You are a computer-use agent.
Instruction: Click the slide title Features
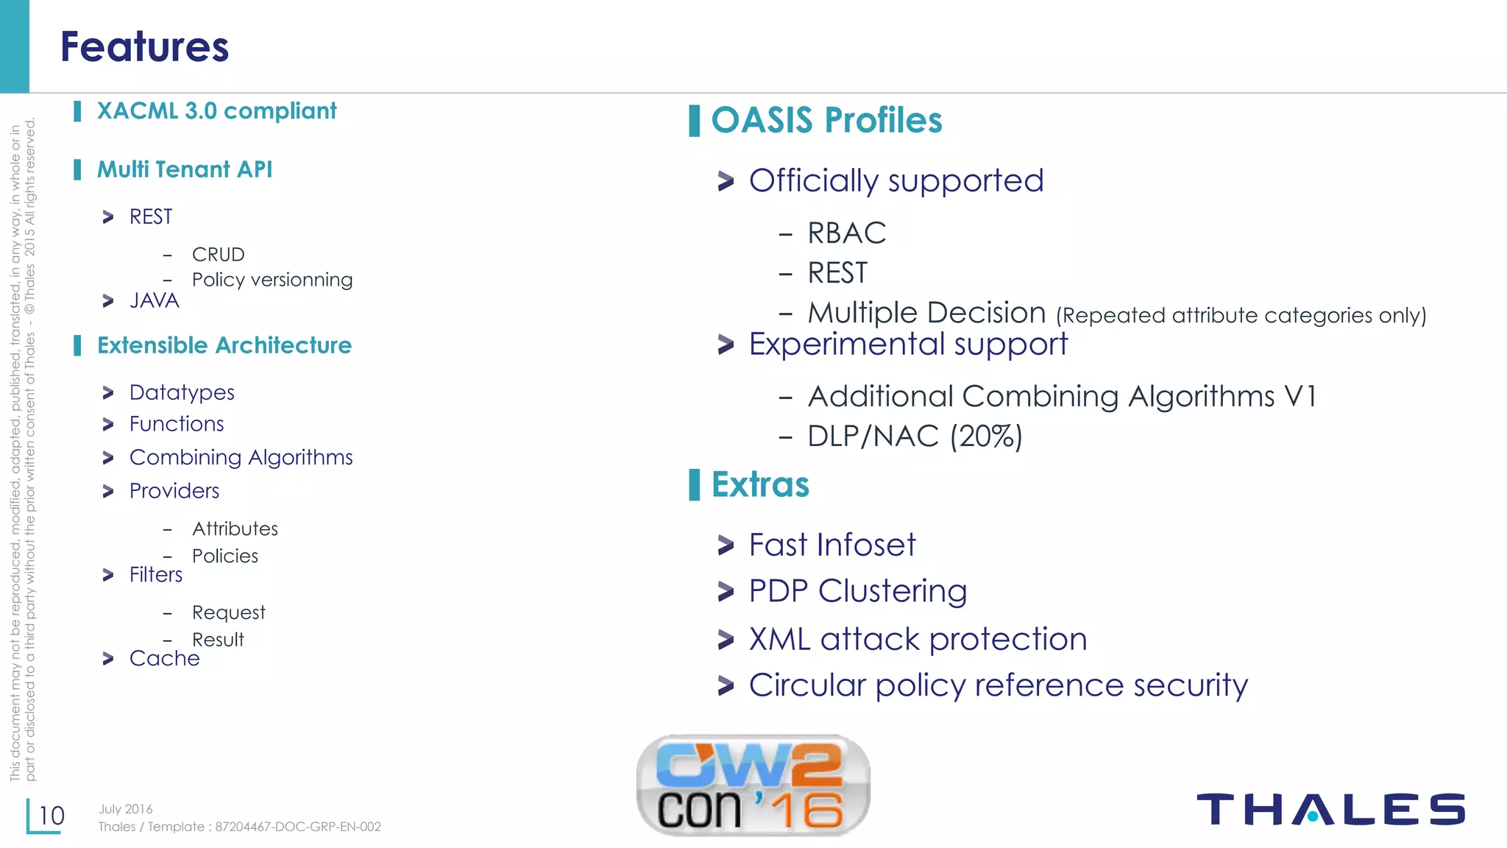[144, 47]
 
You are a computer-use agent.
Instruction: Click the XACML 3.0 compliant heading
[216, 111]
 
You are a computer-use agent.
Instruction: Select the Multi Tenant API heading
[185, 170]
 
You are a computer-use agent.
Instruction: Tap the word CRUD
[218, 255]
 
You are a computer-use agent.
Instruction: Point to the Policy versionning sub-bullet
[272, 280]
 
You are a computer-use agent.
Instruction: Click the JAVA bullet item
[154, 301]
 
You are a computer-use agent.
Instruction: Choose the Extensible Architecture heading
[224, 345]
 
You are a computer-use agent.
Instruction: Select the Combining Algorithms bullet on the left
[241, 458]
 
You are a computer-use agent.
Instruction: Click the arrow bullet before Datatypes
[108, 393]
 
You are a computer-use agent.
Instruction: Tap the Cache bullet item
[164, 658]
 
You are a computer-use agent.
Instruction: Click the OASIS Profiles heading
[826, 121]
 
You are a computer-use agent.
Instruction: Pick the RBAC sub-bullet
[846, 233]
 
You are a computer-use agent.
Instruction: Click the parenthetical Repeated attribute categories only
[1241, 316]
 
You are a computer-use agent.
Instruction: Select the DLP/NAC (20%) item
[915, 437]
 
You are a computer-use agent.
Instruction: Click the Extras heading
[760, 485]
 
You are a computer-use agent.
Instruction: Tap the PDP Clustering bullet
[857, 591]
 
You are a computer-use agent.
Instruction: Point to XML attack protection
[918, 639]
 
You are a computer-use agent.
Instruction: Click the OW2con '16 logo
[753, 785]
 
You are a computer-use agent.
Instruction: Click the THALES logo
[1330, 809]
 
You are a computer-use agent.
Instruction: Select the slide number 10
[52, 816]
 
